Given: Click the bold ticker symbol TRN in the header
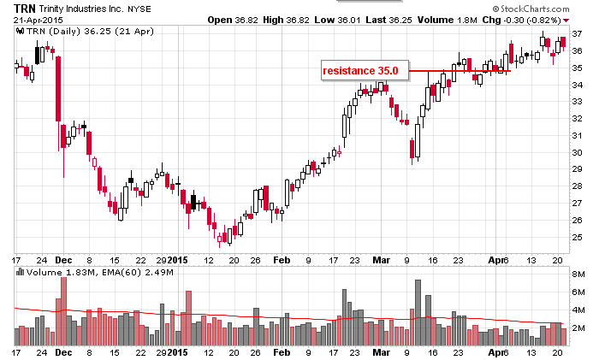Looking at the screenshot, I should (25, 7).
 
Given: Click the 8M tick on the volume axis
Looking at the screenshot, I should (578, 274).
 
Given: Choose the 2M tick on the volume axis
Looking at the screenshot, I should (578, 328).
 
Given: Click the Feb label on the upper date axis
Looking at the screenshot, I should (282, 259).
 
